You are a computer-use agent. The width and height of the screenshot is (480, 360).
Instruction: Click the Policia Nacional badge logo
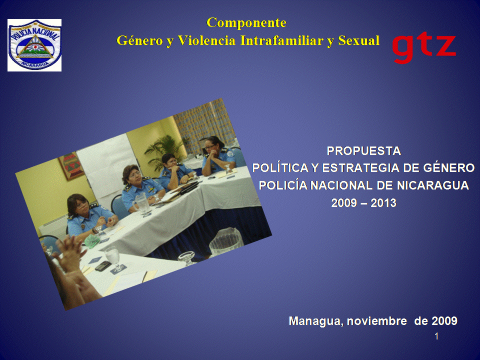(x=34, y=45)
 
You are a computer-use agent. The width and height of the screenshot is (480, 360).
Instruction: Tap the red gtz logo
(x=424, y=48)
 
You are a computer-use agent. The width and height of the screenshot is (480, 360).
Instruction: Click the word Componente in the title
(x=246, y=22)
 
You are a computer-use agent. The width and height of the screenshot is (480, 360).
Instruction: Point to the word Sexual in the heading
(x=359, y=40)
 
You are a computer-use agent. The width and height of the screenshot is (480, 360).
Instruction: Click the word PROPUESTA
(x=363, y=151)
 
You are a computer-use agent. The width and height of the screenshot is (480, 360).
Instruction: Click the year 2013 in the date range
(x=383, y=203)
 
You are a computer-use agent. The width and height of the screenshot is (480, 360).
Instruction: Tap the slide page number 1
(x=436, y=336)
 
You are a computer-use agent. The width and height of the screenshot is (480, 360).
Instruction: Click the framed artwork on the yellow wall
(x=71, y=165)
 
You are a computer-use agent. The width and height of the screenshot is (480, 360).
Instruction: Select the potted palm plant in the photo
(x=164, y=152)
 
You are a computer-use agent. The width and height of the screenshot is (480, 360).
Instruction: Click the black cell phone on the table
(x=103, y=265)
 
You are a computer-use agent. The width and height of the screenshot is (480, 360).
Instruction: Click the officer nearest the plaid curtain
(x=218, y=156)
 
